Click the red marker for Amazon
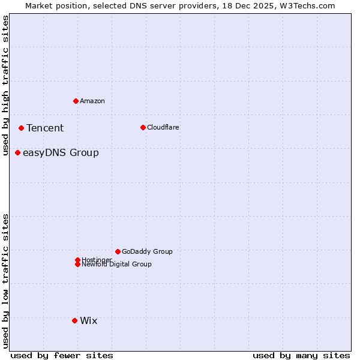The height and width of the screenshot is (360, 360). pyautogui.click(x=76, y=101)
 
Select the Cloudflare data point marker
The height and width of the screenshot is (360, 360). pyautogui.click(x=143, y=127)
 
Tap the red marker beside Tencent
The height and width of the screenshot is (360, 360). pyautogui.click(x=21, y=128)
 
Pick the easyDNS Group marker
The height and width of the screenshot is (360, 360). pyautogui.click(x=17, y=152)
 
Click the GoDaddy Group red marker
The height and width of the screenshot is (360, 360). pyautogui.click(x=118, y=251)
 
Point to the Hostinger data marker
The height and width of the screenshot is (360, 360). pyautogui.click(x=77, y=260)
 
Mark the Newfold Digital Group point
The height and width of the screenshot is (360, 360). pyautogui.click(x=77, y=264)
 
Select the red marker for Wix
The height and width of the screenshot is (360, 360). pyautogui.click(x=74, y=320)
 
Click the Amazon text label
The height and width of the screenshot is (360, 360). pyautogui.click(x=92, y=101)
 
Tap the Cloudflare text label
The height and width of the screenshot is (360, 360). pyautogui.click(x=163, y=127)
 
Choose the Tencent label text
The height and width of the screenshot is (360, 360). pyautogui.click(x=45, y=128)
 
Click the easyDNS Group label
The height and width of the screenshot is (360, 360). pyautogui.click(x=61, y=152)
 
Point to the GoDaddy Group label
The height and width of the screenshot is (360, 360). pyautogui.click(x=147, y=251)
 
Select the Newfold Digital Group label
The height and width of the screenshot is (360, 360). pyautogui.click(x=117, y=265)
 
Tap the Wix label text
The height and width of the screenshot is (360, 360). pyautogui.click(x=89, y=320)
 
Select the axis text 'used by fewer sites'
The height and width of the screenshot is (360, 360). pyautogui.click(x=62, y=355)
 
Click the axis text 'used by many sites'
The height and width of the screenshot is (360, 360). pyautogui.click(x=301, y=355)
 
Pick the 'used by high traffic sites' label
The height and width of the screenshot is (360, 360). pyautogui.click(x=5, y=86)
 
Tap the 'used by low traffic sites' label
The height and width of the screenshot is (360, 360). pyautogui.click(x=5, y=280)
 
